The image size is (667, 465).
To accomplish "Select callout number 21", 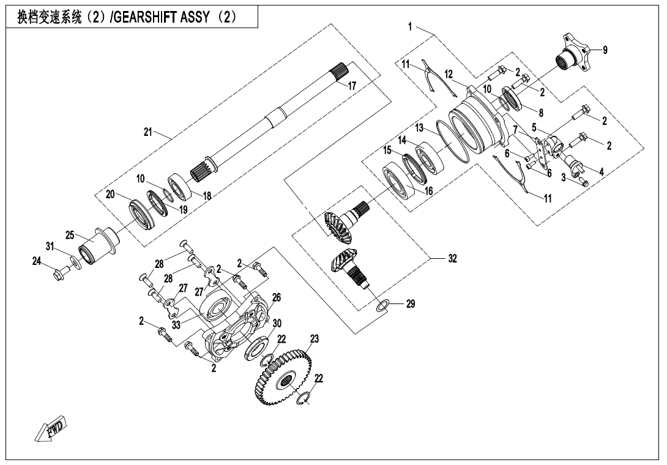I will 148,132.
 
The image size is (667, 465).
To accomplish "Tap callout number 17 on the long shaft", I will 352,86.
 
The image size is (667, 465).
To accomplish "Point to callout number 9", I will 605,50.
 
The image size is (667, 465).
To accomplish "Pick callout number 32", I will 452,258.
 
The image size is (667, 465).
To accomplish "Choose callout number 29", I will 411,303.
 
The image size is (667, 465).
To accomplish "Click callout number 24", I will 36,261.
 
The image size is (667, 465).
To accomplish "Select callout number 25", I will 70,235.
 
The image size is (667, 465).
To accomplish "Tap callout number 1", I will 411,26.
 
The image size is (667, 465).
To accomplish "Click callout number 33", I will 176,325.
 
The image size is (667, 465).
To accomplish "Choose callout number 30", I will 277,323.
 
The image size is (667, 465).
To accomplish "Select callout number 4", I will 602,173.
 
